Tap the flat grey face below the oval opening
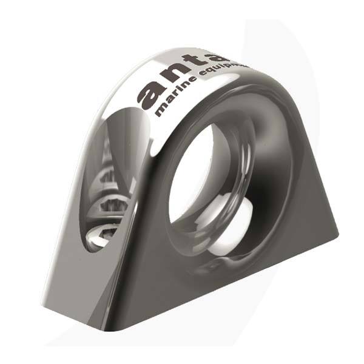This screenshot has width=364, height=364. [x=103, y=285]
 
